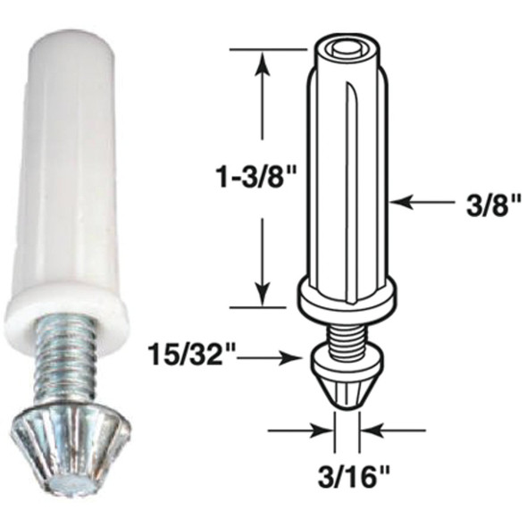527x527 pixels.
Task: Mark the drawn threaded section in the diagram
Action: [x=347, y=334]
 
